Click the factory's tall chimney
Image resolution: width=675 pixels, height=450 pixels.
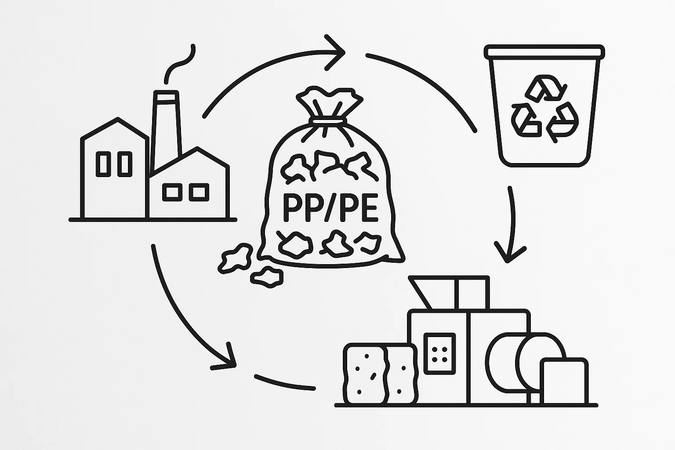[167, 127]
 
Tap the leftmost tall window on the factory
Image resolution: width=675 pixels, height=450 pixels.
[104, 164]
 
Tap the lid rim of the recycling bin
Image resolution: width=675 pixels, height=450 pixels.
[542, 51]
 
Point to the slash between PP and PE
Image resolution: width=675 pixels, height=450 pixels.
[327, 210]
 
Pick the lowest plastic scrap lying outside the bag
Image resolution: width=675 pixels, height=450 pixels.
[267, 276]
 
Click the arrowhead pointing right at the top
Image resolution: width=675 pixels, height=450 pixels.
[337, 53]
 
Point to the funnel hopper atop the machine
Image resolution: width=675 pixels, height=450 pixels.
[422, 292]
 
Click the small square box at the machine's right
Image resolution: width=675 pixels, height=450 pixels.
[564, 381]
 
